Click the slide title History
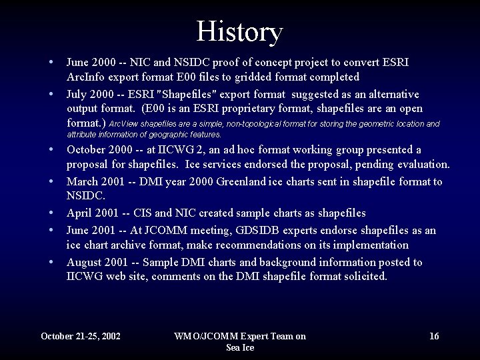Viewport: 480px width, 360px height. (240, 31)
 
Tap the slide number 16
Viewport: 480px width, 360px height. (434, 336)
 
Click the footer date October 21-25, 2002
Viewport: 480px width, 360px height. (81, 336)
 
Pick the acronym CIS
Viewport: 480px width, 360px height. (151, 213)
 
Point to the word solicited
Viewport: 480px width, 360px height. (364, 277)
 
